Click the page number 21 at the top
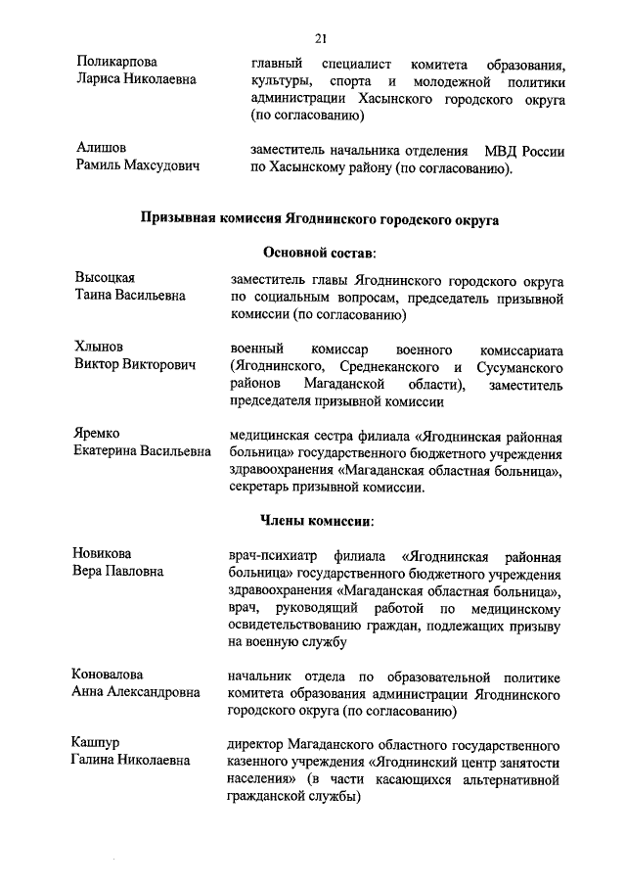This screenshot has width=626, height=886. (x=320, y=38)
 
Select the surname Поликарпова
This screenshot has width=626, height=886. (x=117, y=62)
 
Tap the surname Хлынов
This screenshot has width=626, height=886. (x=102, y=347)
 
